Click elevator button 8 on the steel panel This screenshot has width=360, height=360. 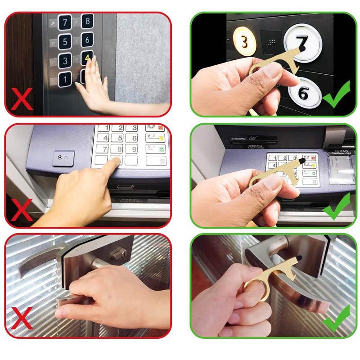coord(87,21)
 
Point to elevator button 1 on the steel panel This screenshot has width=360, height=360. coord(65,79)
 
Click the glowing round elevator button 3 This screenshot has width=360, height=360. coord(244,42)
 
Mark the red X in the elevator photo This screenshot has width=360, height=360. coord(22,100)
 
